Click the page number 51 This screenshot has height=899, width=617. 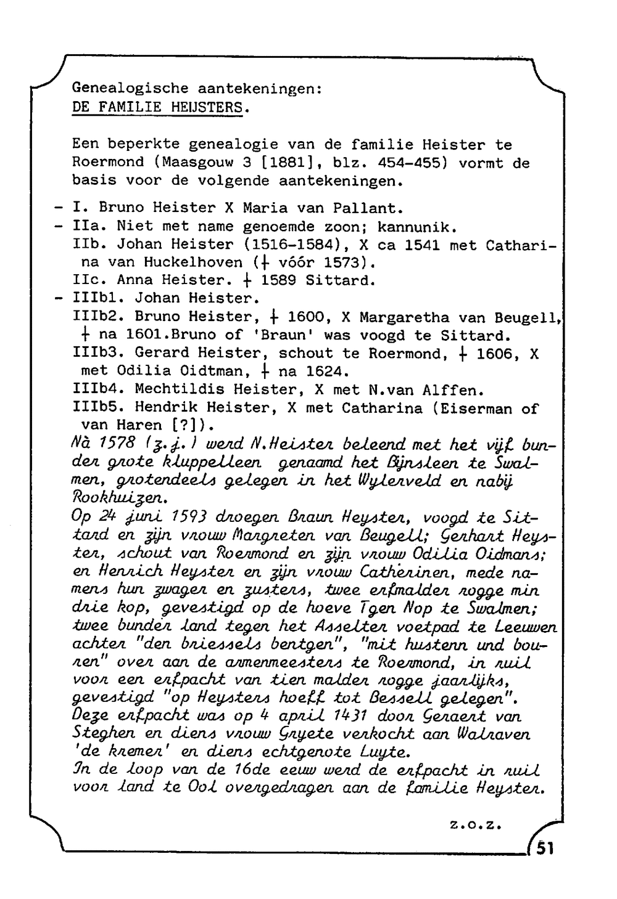(544, 849)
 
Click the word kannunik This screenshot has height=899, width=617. (416, 226)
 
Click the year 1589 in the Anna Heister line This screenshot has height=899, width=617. (279, 281)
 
